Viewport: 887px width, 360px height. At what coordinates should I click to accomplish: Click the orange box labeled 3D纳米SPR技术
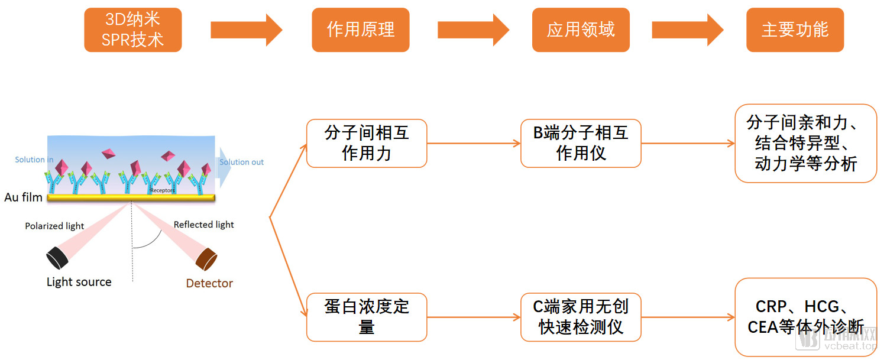point(132,30)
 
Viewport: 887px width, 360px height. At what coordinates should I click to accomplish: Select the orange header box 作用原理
point(360,30)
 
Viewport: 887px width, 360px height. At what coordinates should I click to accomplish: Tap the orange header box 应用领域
point(580,30)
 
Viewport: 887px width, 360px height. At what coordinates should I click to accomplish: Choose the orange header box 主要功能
point(795,30)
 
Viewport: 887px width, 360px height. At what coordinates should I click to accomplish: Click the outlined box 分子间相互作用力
point(367,143)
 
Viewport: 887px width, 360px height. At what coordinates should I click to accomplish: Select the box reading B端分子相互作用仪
point(581,143)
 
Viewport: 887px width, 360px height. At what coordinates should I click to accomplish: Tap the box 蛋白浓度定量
point(367,317)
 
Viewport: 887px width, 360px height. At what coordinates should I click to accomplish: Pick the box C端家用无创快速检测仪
point(581,317)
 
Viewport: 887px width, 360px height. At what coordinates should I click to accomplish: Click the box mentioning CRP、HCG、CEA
point(805,317)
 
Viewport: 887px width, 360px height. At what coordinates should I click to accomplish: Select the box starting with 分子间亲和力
point(805,143)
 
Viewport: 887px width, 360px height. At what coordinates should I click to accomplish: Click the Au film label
point(23,197)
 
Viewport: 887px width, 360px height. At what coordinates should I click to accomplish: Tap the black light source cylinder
point(57,258)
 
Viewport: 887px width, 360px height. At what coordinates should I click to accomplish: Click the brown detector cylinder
point(207,258)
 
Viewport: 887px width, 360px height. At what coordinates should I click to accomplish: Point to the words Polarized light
point(54,226)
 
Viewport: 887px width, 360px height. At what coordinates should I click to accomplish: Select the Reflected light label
point(203,225)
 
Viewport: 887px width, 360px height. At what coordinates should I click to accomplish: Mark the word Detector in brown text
point(209,283)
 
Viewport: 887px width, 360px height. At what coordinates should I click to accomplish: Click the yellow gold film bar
point(130,198)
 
